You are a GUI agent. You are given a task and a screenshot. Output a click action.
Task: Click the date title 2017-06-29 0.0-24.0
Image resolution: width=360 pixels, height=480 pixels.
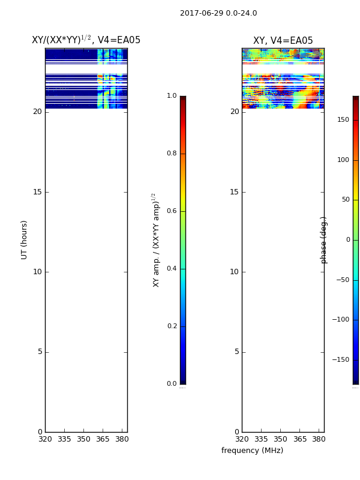pos(218,13)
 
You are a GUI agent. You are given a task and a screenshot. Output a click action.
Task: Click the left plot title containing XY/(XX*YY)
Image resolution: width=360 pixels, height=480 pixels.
pos(86,40)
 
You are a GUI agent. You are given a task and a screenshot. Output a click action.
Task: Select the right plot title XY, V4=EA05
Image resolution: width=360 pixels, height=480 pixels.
pos(283,40)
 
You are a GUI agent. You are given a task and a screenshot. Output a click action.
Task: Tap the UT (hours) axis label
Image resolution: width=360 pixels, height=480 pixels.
pos(24,240)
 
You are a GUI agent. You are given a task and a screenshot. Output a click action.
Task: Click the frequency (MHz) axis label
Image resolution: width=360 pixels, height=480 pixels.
pos(252,451)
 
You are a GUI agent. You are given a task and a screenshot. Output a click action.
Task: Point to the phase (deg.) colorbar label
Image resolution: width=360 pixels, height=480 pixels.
pos(323,240)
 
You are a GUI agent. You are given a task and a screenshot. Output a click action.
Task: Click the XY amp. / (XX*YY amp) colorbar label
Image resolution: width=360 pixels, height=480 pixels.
pos(156,240)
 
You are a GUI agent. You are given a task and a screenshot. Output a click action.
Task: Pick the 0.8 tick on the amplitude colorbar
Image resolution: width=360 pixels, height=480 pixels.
pos(172,153)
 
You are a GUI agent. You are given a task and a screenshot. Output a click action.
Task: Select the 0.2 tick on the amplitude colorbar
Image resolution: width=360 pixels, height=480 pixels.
pos(172,326)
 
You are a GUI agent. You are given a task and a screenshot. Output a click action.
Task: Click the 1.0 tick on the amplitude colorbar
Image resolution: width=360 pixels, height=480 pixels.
pos(172,95)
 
